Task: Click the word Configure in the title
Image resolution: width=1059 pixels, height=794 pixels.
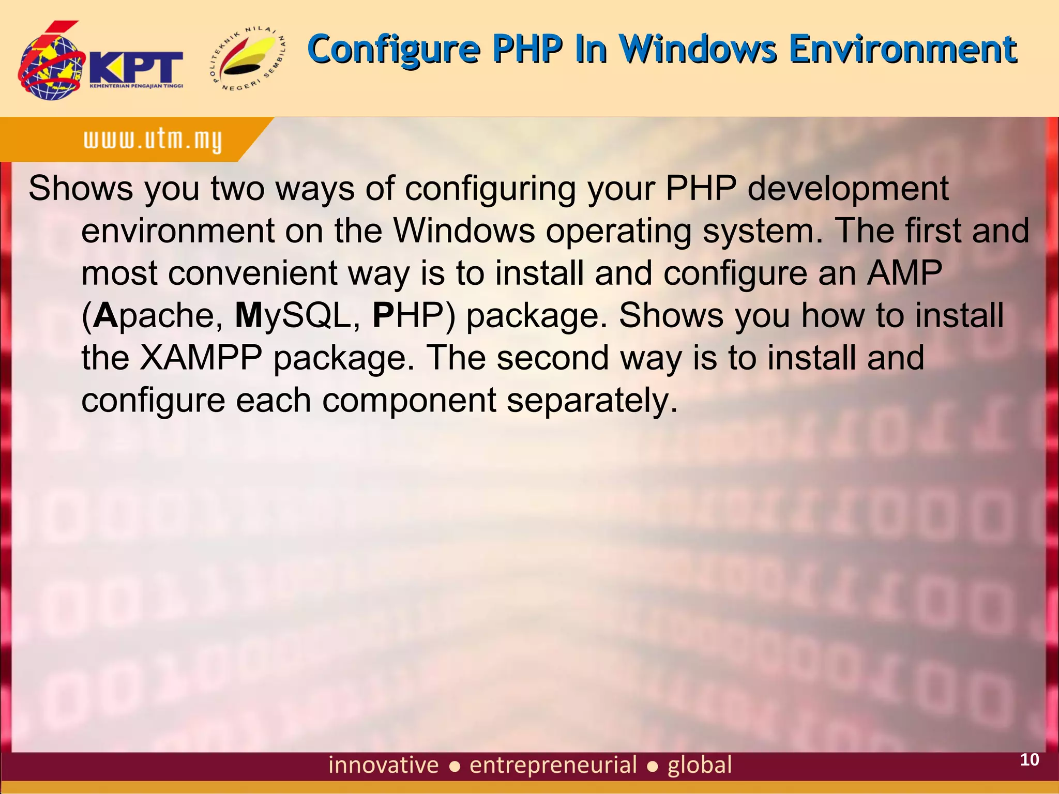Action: coord(394,50)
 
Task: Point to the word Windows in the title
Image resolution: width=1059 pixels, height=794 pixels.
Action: coord(698,50)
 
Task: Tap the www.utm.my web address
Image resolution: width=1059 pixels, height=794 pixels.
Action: coord(153,140)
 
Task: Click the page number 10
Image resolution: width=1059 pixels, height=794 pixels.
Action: coord(1029,759)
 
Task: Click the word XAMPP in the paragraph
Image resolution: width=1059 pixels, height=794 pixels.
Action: coord(201,358)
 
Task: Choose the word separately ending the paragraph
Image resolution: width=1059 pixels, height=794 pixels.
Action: coord(592,400)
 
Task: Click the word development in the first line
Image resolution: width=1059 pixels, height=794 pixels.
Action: coord(848,188)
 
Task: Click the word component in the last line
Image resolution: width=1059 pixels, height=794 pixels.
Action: coord(409,400)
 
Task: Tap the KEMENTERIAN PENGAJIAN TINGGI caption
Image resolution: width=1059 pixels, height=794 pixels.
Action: coord(136,86)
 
